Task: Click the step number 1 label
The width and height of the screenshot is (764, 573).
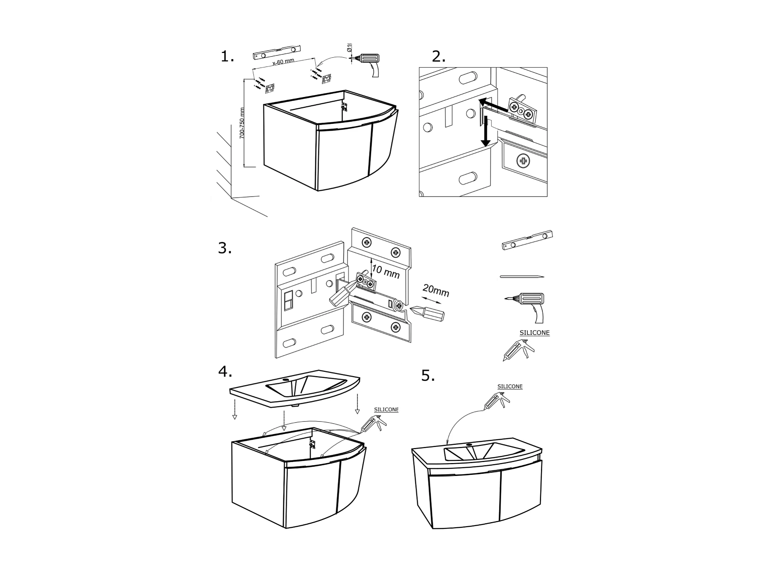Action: point(227,57)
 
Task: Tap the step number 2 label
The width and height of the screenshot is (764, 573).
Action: point(438,57)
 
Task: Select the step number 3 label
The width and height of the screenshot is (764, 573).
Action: point(224,248)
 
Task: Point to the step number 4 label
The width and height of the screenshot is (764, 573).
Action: point(225,372)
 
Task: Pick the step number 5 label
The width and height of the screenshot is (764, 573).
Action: point(428,376)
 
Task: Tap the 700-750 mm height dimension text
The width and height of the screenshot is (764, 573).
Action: point(242,123)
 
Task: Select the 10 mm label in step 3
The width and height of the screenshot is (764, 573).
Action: point(385,271)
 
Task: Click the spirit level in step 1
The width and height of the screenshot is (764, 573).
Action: point(276,52)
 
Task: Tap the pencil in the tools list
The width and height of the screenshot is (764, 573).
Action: point(522,276)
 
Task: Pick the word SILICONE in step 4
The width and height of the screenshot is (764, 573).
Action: point(386,409)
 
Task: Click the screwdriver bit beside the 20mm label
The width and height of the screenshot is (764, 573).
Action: point(428,313)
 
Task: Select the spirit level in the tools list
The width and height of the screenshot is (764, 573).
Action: point(527,240)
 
